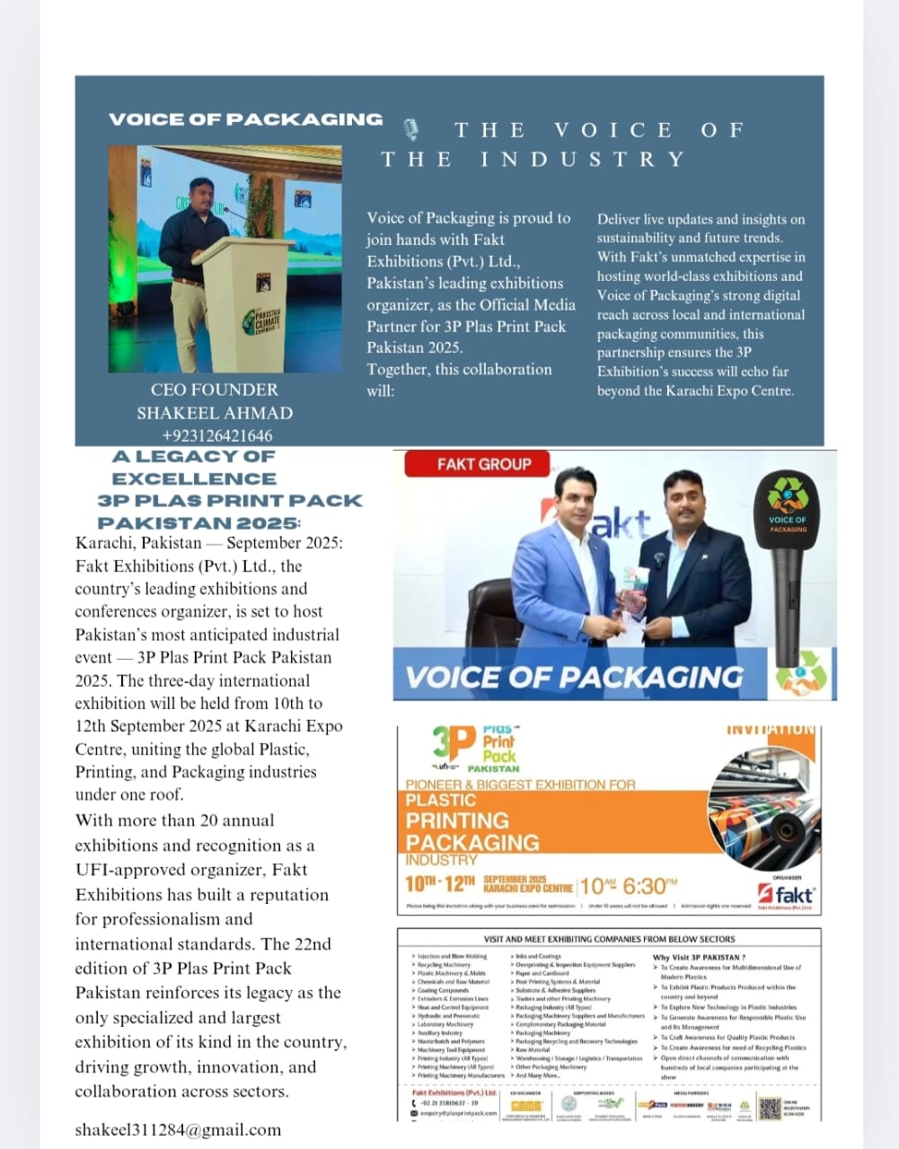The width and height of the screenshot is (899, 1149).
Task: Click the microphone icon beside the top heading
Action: click(411, 130)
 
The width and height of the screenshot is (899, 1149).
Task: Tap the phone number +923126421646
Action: click(216, 436)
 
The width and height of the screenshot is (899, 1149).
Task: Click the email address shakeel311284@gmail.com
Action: click(178, 1130)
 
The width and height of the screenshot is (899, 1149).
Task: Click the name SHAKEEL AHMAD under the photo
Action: click(215, 413)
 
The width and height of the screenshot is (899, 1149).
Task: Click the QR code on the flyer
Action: click(768, 1107)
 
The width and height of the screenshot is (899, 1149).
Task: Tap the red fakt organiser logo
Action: click(787, 895)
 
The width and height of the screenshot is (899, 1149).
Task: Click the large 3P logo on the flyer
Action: click(453, 745)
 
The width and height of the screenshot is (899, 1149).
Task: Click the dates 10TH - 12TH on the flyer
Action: click(439, 884)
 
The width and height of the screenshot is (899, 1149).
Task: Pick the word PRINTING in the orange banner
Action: click(457, 820)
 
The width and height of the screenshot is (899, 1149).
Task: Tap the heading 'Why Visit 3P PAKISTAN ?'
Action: click(698, 958)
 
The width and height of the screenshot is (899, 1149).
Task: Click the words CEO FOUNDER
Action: click(215, 390)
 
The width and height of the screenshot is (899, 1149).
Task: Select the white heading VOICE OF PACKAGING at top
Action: click(245, 119)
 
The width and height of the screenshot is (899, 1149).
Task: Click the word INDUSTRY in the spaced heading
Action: click(582, 160)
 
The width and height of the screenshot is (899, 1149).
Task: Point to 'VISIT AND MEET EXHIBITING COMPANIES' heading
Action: click(609, 939)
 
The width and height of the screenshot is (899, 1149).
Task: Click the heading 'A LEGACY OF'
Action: click(194, 456)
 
